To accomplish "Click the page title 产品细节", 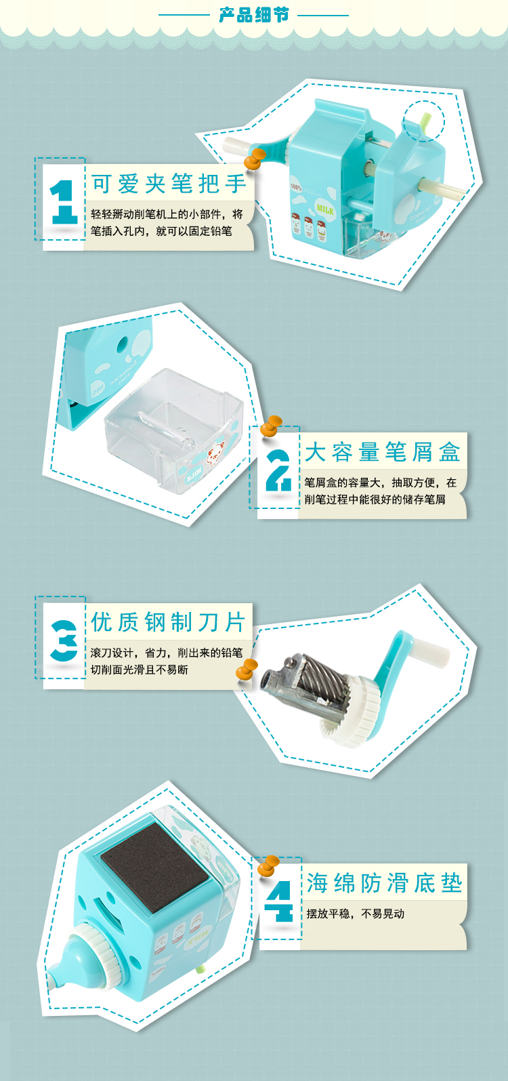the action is [254, 15].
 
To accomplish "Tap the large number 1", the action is [63, 202].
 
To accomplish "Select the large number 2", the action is [278, 470].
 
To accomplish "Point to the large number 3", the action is [64, 640].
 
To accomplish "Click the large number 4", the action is [279, 901].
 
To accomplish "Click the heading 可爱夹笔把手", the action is [169, 184].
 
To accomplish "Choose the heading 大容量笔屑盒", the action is [383, 452].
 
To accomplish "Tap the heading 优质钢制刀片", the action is [169, 622].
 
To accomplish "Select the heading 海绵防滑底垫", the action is [385, 882].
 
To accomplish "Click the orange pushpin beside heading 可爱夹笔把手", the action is [255, 159].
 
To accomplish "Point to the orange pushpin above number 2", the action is [271, 426].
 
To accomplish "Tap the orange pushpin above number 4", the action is [268, 865].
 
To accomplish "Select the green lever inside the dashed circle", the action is [425, 121].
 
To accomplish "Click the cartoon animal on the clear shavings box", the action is [215, 452].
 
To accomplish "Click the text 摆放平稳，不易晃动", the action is [355, 914].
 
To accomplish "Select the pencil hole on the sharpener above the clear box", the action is [121, 344].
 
